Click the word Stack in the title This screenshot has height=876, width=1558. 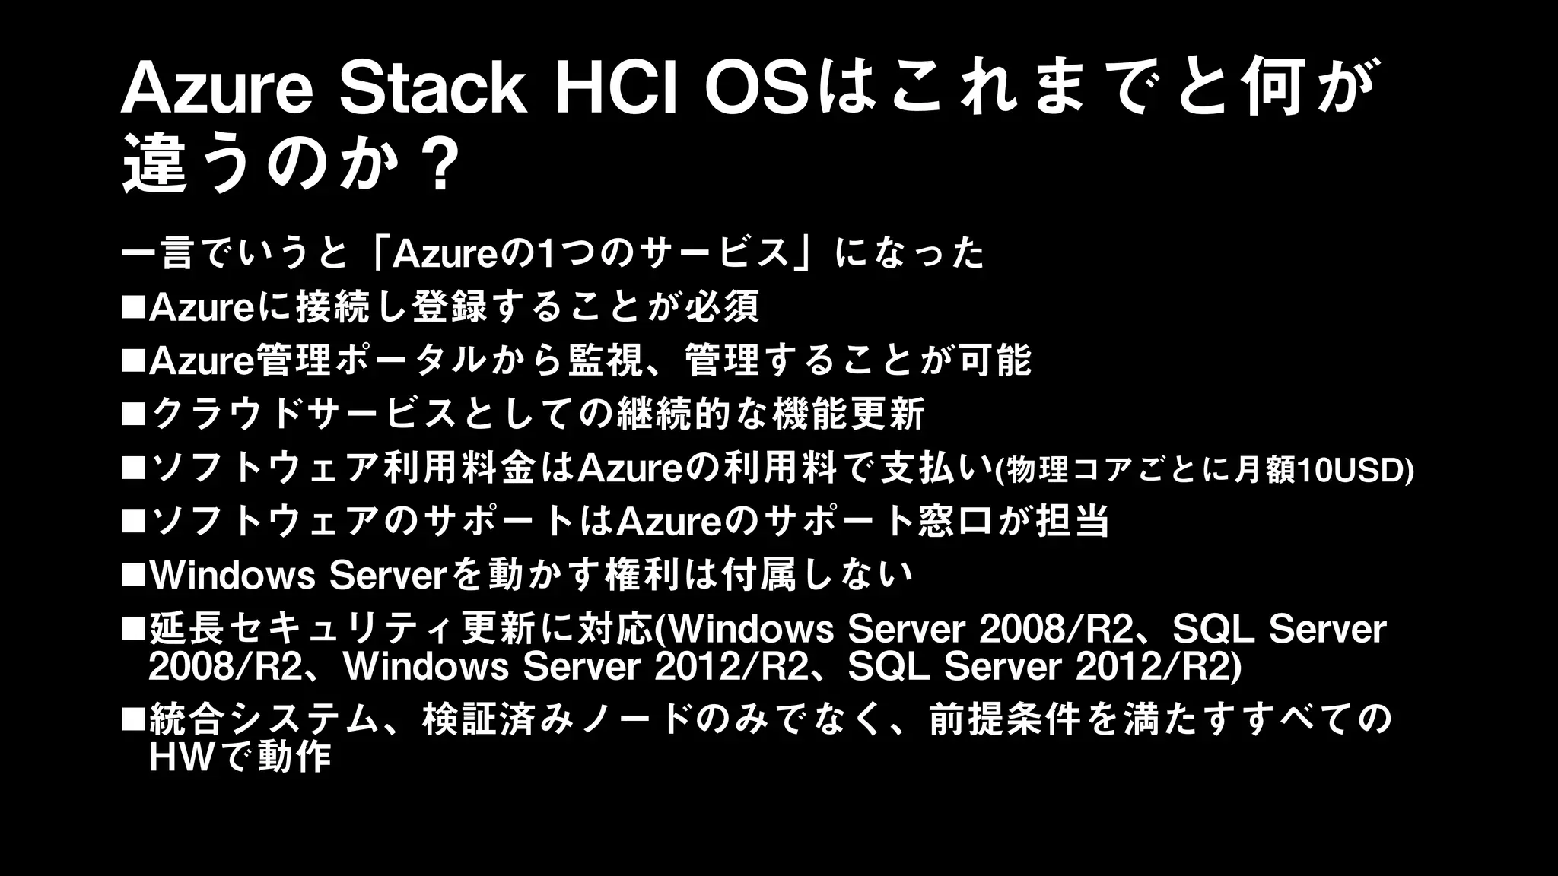click(432, 90)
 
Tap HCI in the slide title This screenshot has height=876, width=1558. click(616, 90)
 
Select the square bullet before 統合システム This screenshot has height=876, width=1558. click(133, 719)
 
